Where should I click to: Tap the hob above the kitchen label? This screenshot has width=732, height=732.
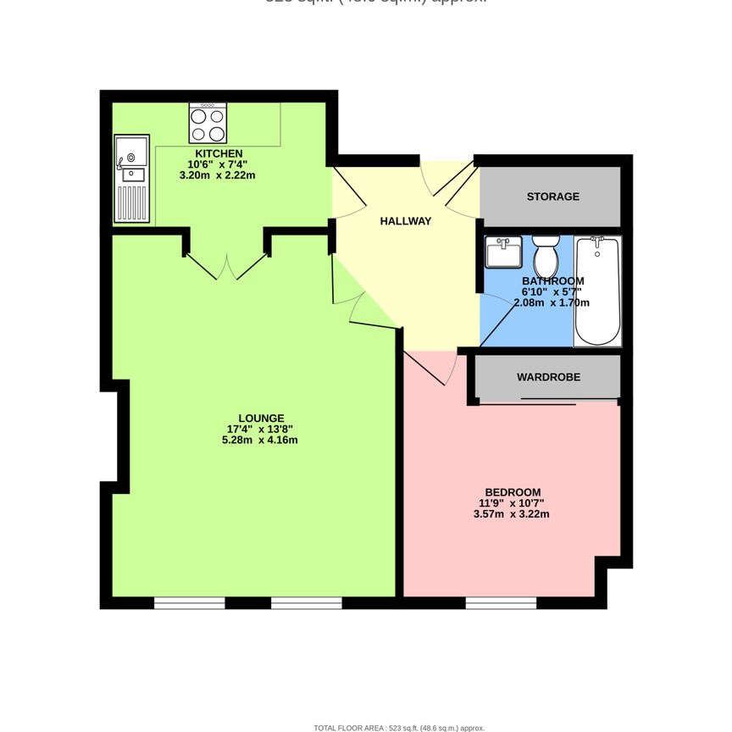[208, 123]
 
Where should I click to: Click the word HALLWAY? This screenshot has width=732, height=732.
[406, 221]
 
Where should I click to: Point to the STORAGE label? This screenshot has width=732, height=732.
[553, 197]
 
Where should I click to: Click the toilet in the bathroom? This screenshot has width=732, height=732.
[545, 253]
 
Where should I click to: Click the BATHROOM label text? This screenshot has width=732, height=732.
[552, 281]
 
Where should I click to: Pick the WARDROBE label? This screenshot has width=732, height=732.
[549, 377]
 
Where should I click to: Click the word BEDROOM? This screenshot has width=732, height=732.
[513, 492]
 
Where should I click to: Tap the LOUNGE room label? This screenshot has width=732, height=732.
[261, 418]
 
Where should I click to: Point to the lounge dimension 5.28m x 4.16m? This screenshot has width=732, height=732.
[260, 440]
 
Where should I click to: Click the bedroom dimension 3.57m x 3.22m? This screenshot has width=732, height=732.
[512, 513]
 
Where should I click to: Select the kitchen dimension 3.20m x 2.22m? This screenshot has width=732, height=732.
[218, 175]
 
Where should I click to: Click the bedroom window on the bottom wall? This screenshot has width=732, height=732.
[501, 603]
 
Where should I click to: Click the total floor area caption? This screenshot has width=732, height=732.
[399, 728]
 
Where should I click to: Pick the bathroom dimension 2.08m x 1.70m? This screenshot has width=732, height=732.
[556, 302]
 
